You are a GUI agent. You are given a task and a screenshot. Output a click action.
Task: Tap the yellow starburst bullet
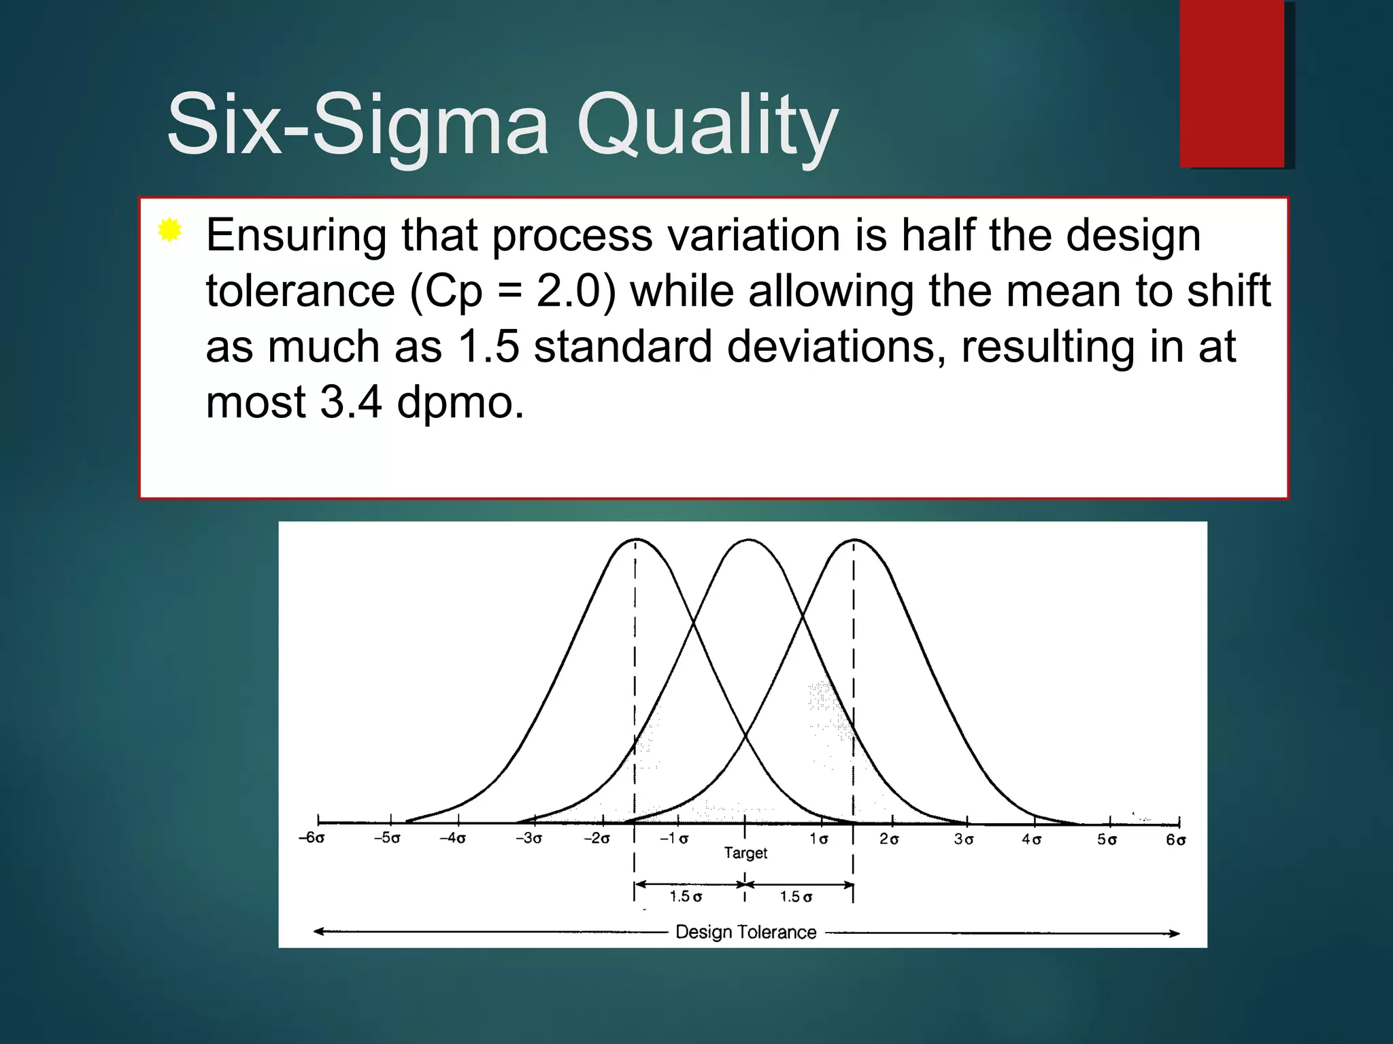(x=169, y=230)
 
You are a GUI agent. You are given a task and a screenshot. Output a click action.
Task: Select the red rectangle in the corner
(x=1232, y=83)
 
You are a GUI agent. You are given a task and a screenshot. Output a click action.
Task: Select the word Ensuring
(x=296, y=236)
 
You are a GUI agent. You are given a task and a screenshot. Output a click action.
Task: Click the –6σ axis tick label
(x=312, y=838)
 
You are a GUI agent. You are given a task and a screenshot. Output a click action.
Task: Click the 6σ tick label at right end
(x=1176, y=840)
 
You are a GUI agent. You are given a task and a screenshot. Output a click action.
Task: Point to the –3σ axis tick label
(x=529, y=839)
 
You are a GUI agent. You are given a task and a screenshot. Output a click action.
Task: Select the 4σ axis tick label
(x=1032, y=839)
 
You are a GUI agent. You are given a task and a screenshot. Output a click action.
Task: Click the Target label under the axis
(x=745, y=853)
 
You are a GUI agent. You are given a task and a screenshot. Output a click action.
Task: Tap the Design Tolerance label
(x=745, y=932)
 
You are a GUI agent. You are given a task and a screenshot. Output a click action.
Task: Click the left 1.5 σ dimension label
(x=686, y=897)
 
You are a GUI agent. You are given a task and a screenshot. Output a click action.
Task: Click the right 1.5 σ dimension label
(x=796, y=897)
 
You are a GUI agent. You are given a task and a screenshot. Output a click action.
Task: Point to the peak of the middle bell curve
(x=748, y=540)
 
